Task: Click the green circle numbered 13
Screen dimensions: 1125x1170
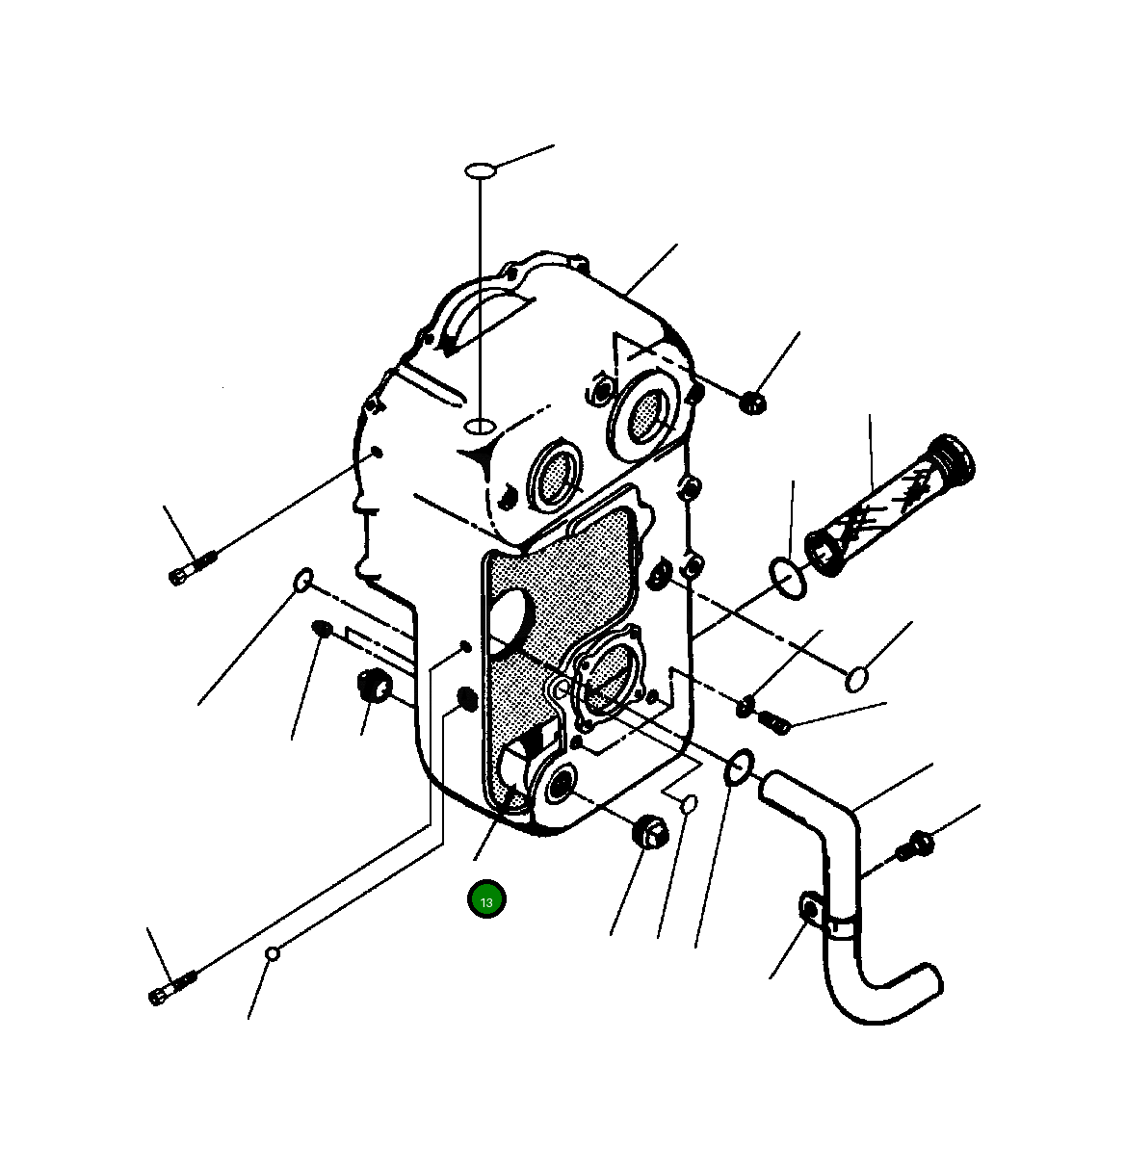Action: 486,899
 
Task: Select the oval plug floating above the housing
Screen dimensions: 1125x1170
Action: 481,170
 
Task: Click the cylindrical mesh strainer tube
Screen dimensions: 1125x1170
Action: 889,505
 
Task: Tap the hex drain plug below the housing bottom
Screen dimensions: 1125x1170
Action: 650,833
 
